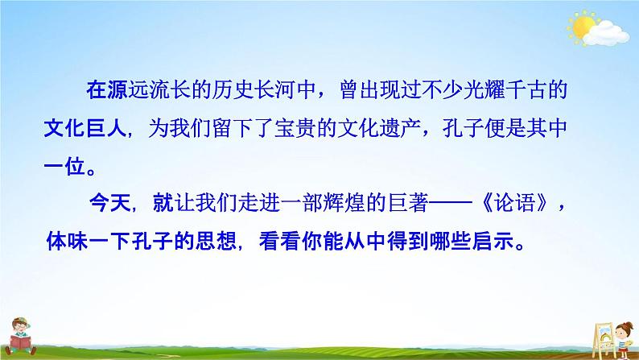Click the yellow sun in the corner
click(x=580, y=27)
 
